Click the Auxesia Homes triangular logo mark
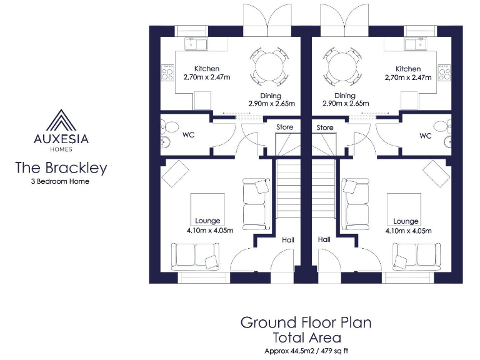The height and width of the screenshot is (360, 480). point(61,119)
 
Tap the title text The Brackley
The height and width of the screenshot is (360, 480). point(61,167)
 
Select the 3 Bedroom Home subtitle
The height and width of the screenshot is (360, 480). point(61,182)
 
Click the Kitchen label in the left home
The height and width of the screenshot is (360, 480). point(206,69)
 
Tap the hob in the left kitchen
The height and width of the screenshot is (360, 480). point(167,73)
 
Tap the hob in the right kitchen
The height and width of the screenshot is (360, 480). point(444,73)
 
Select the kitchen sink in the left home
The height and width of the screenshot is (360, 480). point(197,44)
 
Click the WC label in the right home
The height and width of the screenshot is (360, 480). point(425,135)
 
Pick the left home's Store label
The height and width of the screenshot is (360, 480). point(285,127)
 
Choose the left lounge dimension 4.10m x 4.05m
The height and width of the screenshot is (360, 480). point(209,230)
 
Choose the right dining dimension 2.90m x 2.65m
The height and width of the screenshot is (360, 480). point(345,104)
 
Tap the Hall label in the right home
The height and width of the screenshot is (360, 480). point(324,239)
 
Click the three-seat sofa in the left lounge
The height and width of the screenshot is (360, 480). point(194,255)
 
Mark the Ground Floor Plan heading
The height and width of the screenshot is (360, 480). point(306,322)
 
